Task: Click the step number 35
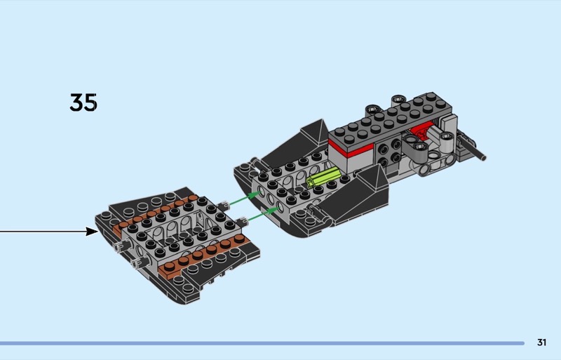pyautogui.click(x=83, y=102)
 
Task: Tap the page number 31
pyautogui.click(x=541, y=342)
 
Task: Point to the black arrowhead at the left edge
pyautogui.click(x=93, y=232)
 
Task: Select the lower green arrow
pyautogui.click(x=264, y=214)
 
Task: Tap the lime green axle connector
pyautogui.click(x=323, y=178)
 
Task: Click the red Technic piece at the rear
pyautogui.click(x=423, y=130)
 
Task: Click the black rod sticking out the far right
pyautogui.click(x=473, y=148)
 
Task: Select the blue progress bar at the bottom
pyautogui.click(x=262, y=343)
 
